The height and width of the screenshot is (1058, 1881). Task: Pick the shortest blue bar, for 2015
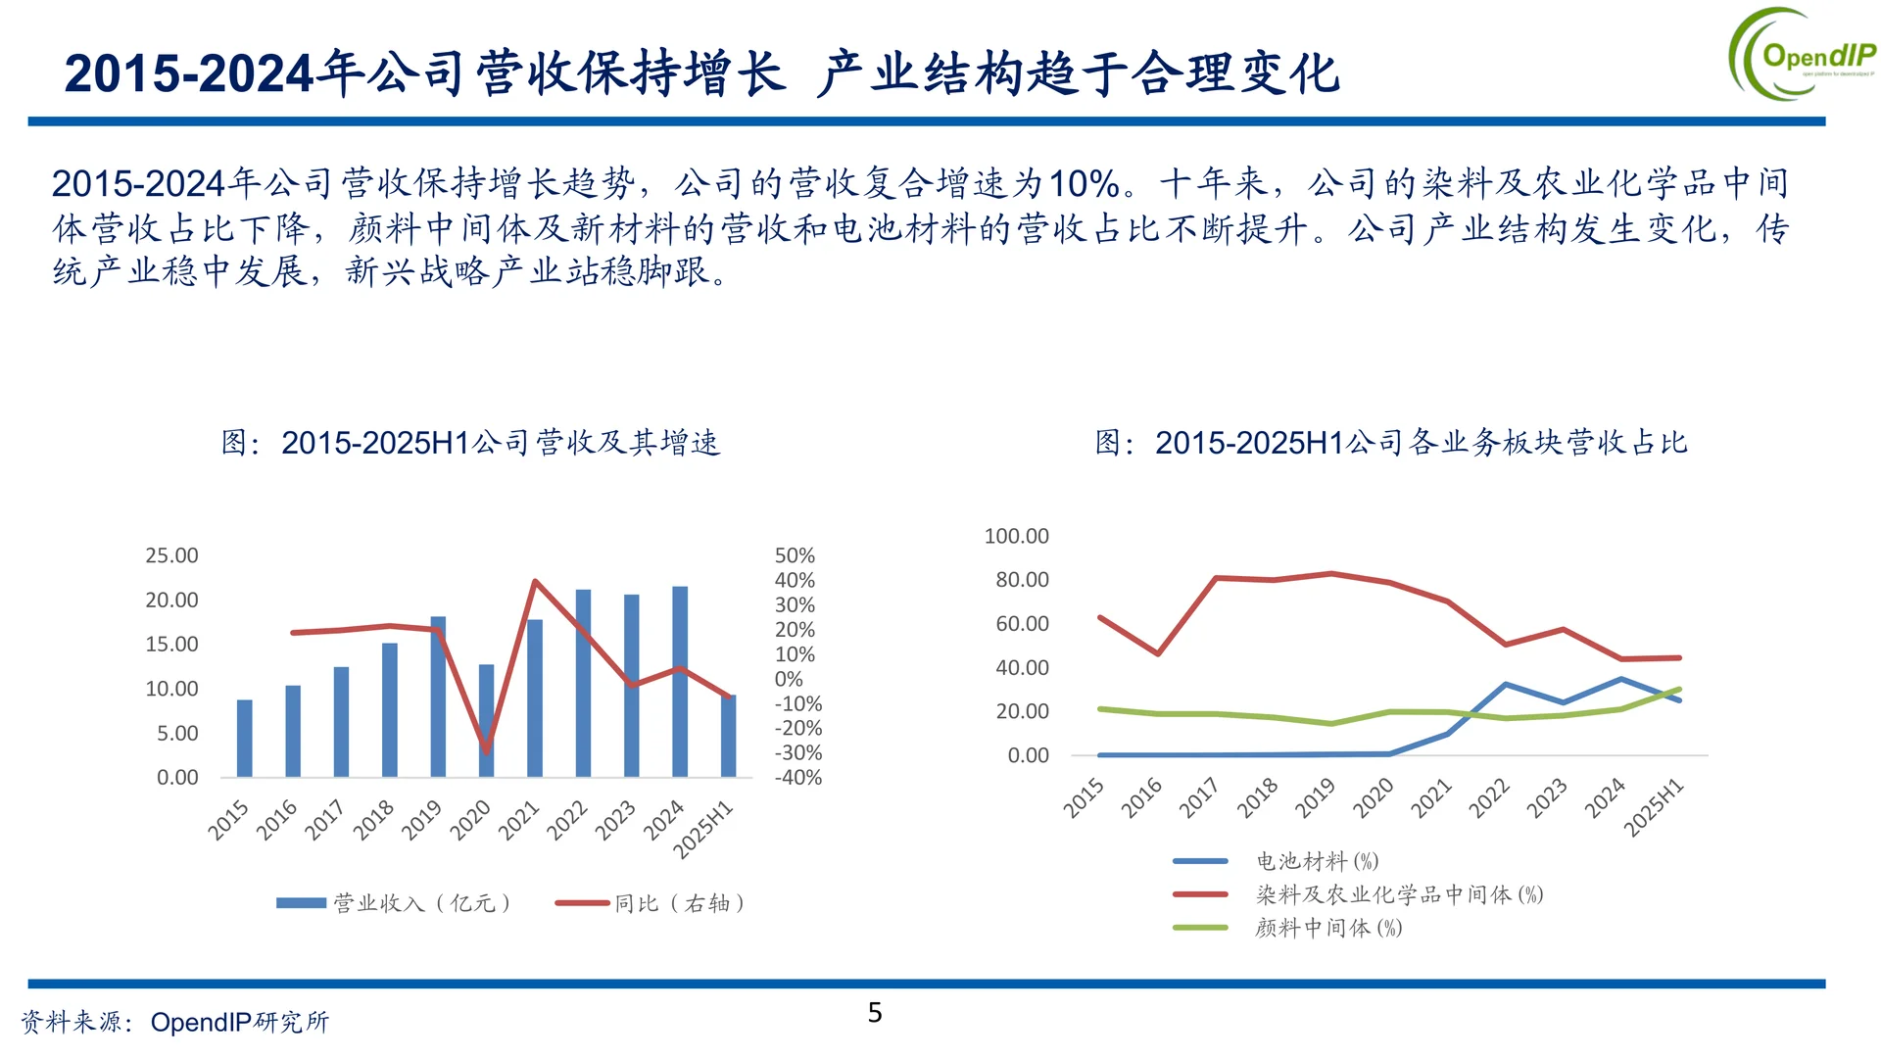click(245, 740)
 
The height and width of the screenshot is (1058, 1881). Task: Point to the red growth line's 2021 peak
click(535, 581)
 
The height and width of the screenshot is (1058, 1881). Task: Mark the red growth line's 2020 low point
click(487, 751)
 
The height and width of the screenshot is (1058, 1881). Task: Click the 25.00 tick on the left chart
click(171, 555)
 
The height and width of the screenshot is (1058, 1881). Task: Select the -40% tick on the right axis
click(798, 778)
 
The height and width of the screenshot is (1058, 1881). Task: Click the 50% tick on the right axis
click(795, 555)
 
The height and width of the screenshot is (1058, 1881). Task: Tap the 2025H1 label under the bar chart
click(703, 831)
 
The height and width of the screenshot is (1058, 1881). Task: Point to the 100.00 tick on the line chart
click(1016, 536)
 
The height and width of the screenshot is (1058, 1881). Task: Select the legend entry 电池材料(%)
click(1317, 861)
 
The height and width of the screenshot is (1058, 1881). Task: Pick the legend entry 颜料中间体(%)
click(1328, 928)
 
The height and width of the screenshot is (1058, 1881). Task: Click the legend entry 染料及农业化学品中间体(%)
click(1399, 894)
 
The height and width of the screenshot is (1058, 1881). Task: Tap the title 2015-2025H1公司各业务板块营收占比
click(1391, 443)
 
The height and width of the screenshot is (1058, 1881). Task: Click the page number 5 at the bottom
click(875, 1013)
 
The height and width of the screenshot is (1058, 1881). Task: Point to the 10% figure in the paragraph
click(1084, 183)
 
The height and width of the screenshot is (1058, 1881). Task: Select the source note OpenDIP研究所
click(239, 1023)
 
